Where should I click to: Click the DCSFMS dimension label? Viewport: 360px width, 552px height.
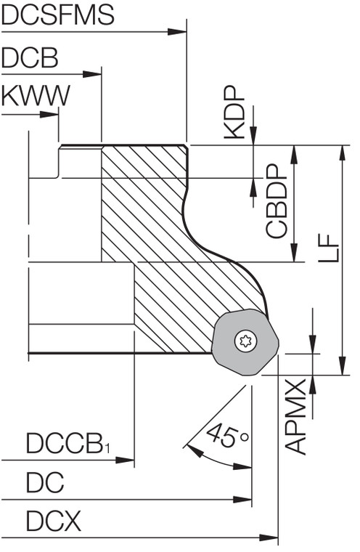[58, 15]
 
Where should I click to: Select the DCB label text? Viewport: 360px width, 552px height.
[30, 58]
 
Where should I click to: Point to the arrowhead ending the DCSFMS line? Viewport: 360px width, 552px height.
[179, 31]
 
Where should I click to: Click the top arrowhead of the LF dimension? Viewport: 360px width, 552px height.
[342, 150]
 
